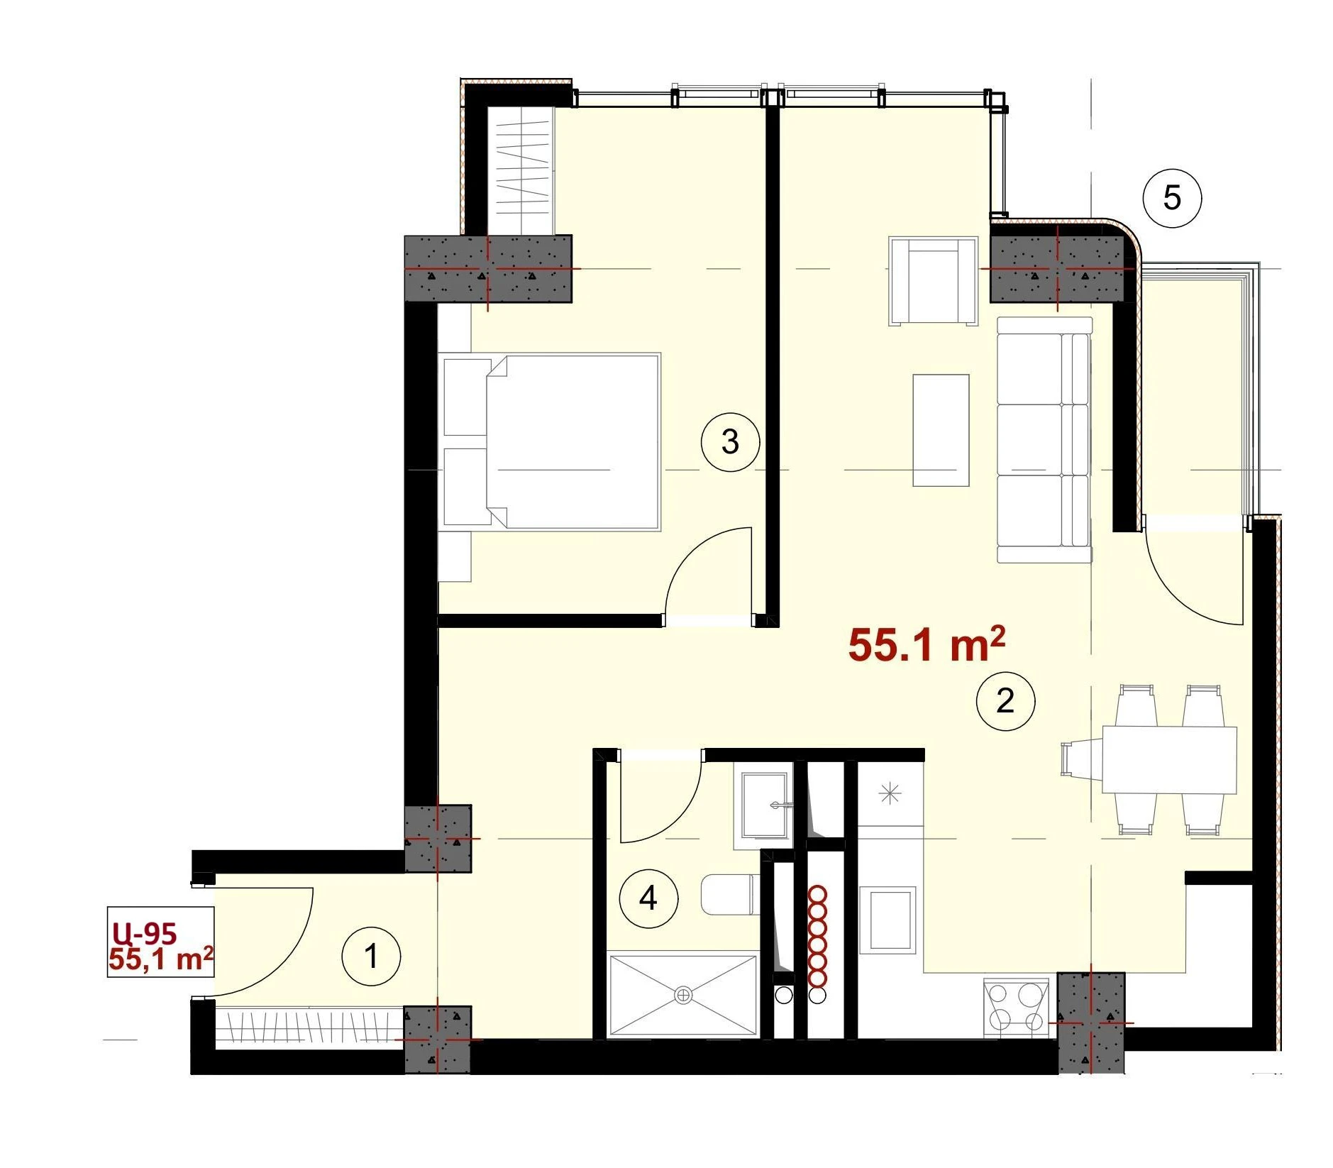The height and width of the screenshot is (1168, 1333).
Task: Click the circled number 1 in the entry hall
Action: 371,956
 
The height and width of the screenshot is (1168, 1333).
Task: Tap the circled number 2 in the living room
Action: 1005,701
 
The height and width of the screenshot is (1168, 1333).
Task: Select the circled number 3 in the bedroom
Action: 730,442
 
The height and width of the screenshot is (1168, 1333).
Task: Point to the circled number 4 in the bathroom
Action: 648,899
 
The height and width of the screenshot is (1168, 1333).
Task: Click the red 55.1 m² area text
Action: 927,644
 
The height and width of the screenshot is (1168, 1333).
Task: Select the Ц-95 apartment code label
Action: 144,932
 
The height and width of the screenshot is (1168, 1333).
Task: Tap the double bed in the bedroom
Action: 551,442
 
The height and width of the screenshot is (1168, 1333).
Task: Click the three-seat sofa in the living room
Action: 1044,440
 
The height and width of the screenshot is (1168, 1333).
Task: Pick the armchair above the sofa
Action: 933,282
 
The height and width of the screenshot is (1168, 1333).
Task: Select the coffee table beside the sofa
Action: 941,430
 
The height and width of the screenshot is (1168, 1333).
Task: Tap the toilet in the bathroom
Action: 729,895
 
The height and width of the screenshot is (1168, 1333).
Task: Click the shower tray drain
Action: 683,996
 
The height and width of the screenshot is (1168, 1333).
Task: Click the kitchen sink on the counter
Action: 889,920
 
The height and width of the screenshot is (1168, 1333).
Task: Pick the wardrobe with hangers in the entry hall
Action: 309,1027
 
